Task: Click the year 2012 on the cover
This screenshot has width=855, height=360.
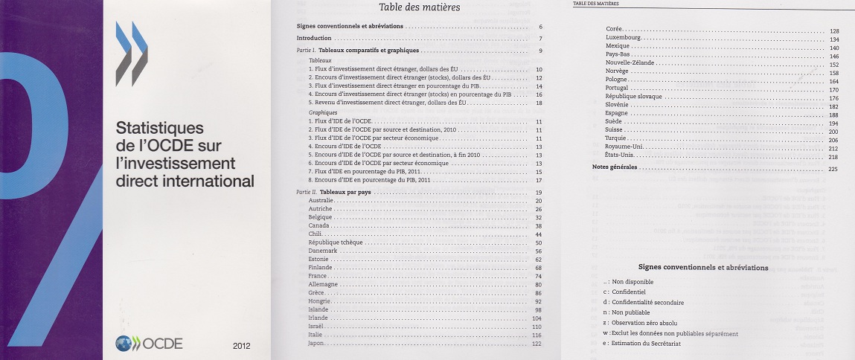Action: tap(242, 345)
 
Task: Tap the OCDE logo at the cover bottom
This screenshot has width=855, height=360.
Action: tap(149, 343)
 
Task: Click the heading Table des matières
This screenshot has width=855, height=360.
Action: tap(420, 8)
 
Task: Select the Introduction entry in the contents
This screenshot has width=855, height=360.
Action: tap(313, 38)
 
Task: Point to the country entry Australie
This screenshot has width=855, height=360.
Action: tap(321, 202)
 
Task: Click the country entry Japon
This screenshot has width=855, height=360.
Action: tap(318, 343)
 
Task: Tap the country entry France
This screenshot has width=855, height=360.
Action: tap(318, 276)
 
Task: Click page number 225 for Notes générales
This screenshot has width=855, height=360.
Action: tap(833, 169)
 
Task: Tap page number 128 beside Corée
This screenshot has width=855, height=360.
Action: tap(833, 30)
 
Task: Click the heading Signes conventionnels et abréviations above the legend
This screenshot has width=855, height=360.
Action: tap(703, 267)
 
